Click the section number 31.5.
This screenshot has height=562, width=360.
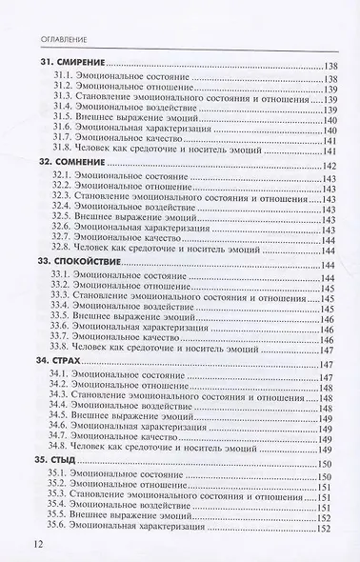63,119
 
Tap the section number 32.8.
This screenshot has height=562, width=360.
63,250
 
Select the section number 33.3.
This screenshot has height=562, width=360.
63,296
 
